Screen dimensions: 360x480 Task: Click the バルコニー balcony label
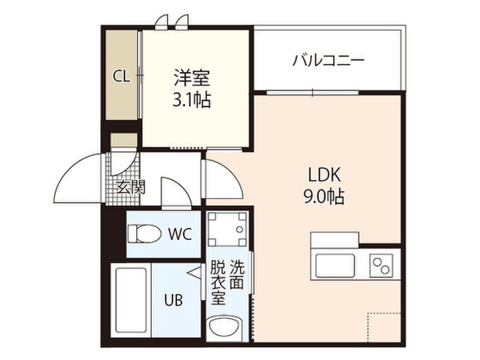pos(328,60)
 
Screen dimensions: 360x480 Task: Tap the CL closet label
pos(121,76)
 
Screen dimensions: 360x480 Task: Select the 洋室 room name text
pos(192,78)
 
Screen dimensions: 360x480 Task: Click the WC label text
pos(180,234)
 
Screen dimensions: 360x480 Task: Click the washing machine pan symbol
pos(227,229)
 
